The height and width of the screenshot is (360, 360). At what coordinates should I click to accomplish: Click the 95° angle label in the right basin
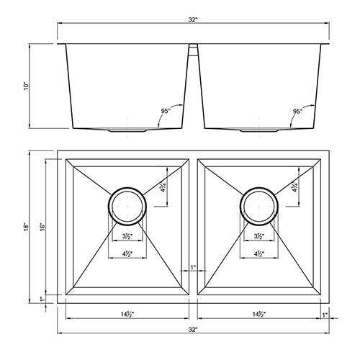click(x=297, y=111)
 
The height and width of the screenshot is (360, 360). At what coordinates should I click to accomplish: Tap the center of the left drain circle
click(x=127, y=205)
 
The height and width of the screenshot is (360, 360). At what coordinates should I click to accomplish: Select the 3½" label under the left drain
click(x=127, y=235)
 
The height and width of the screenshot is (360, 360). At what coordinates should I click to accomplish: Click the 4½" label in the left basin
click(x=127, y=254)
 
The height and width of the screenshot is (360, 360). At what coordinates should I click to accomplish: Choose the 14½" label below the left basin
click(x=127, y=315)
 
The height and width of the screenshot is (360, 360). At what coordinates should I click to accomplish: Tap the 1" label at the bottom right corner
click(x=325, y=315)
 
